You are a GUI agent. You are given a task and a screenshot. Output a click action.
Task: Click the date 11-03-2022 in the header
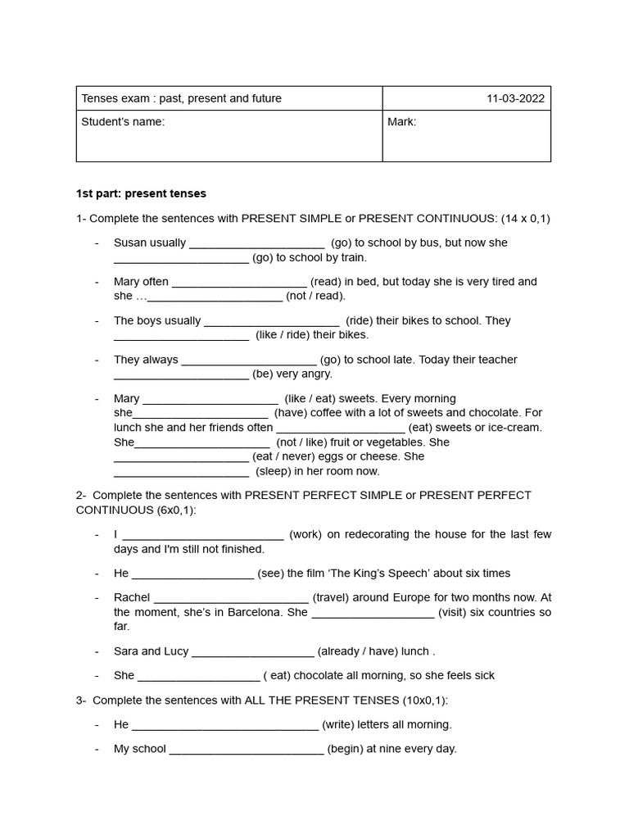coord(515,98)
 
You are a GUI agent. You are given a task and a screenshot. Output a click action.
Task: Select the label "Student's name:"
coord(123,122)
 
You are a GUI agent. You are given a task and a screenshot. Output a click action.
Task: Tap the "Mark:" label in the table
coord(402,122)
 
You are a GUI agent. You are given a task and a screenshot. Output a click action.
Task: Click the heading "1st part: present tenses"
coord(141,194)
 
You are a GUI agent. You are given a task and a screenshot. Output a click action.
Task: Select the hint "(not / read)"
coord(315,296)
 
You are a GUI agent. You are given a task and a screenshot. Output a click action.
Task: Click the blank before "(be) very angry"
coord(181,374)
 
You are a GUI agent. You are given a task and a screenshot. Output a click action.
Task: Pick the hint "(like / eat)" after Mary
coord(310,398)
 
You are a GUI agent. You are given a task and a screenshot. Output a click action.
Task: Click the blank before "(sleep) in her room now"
coord(181,472)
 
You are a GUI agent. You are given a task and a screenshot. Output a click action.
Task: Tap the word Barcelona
coord(258,612)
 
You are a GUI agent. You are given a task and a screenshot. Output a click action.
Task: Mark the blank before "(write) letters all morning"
coord(224,725)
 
